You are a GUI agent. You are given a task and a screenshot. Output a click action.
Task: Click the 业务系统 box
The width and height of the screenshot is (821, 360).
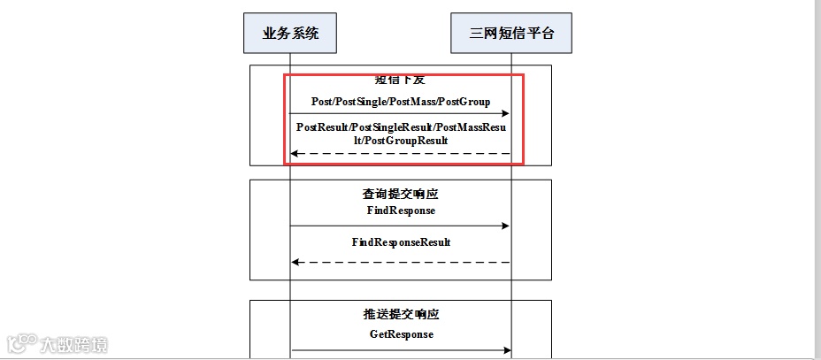290,34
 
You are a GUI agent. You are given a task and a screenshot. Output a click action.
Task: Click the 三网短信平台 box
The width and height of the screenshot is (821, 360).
510,34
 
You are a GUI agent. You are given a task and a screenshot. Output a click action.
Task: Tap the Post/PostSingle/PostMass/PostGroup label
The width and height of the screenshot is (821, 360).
400,102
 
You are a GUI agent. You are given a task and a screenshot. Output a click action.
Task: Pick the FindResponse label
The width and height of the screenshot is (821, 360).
401,211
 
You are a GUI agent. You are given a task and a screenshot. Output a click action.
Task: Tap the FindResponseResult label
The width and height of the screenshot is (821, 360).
401,241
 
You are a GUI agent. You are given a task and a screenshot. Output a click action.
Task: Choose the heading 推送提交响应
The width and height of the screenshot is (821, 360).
401,315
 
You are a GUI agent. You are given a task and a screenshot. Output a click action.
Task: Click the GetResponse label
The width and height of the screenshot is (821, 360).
401,334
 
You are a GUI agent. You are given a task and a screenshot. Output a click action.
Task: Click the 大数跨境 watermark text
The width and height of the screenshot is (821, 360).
76,344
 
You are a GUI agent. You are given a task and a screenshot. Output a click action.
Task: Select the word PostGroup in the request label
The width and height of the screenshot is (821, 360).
467,102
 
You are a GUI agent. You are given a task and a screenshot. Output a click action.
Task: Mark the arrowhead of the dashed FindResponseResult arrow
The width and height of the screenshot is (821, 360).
296,262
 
